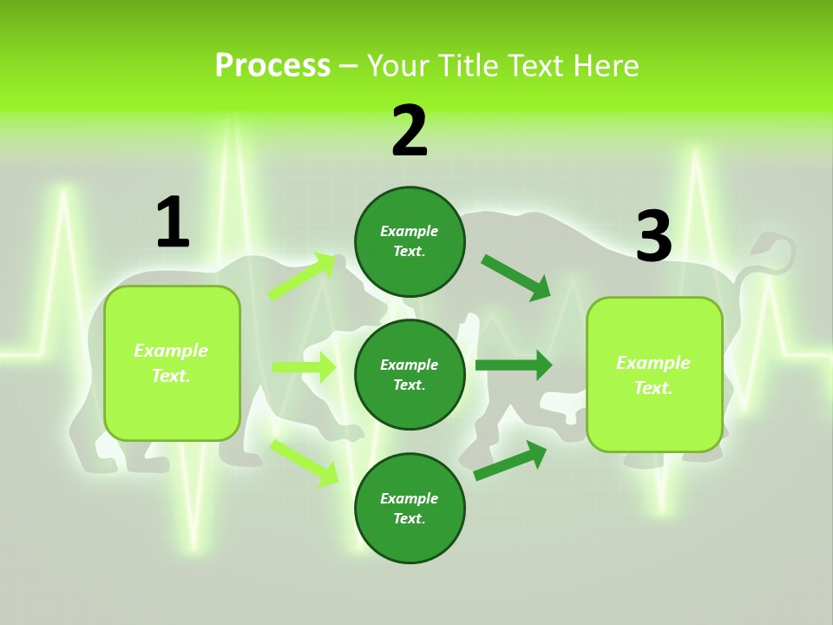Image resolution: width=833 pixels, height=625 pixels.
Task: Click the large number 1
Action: [173, 223]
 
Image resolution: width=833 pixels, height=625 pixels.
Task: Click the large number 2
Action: [410, 132]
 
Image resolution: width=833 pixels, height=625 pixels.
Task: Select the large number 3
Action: [653, 236]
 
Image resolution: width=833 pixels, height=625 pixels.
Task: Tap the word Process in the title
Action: [272, 65]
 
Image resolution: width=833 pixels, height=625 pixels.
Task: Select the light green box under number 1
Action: [172, 363]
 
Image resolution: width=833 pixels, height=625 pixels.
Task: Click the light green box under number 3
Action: [654, 375]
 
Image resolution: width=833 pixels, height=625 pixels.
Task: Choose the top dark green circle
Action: [410, 241]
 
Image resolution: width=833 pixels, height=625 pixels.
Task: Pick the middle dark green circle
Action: [410, 374]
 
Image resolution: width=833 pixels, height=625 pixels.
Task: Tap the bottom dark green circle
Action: [410, 508]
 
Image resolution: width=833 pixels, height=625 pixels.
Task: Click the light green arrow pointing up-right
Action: [302, 276]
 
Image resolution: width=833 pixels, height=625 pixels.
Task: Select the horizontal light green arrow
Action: [304, 367]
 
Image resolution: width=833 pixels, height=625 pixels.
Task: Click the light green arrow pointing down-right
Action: [304, 462]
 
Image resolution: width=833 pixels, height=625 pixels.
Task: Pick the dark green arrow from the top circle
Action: [516, 277]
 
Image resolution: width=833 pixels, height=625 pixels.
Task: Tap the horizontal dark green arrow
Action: [514, 365]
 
